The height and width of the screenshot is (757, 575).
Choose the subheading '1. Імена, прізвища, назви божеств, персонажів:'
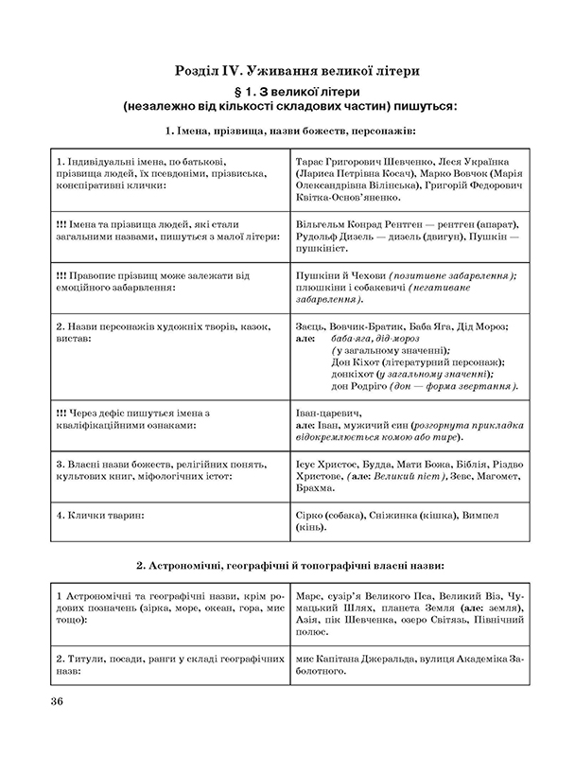point(289,130)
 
